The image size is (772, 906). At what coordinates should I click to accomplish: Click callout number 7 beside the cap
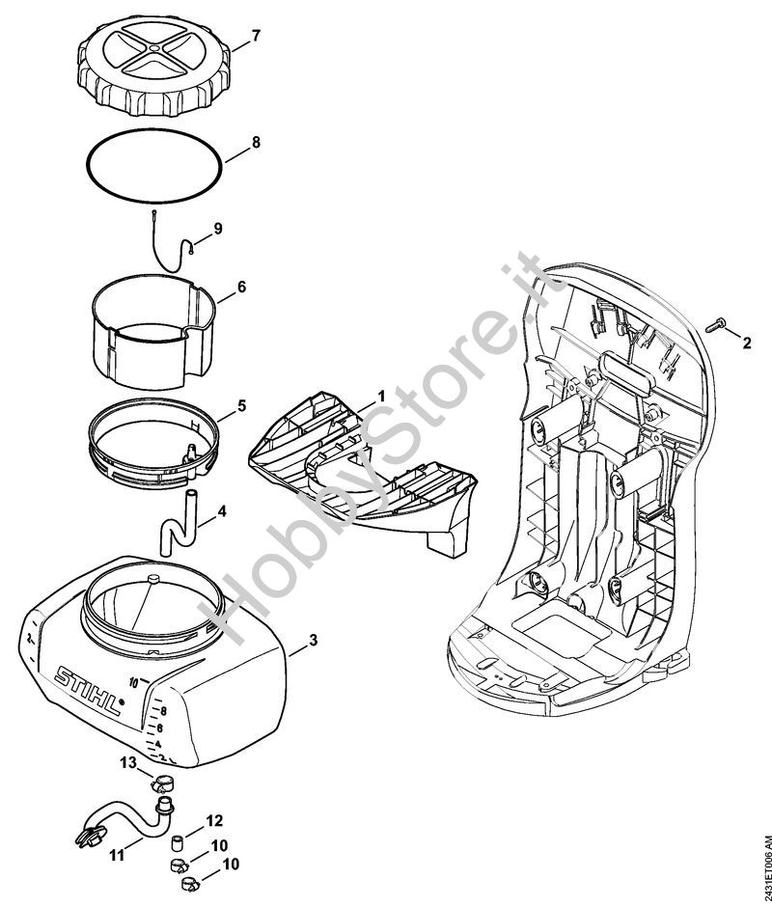tap(256, 37)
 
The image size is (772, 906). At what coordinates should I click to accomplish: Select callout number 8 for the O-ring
tap(256, 142)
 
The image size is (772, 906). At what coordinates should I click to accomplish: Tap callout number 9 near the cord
tap(218, 229)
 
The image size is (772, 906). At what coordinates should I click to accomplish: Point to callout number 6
tap(241, 287)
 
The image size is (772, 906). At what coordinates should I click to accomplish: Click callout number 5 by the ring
tap(242, 405)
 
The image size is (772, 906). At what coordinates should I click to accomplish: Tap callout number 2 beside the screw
tap(746, 342)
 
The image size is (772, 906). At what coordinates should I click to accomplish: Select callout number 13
tap(128, 763)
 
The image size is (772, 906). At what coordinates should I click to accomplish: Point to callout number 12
tap(213, 821)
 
